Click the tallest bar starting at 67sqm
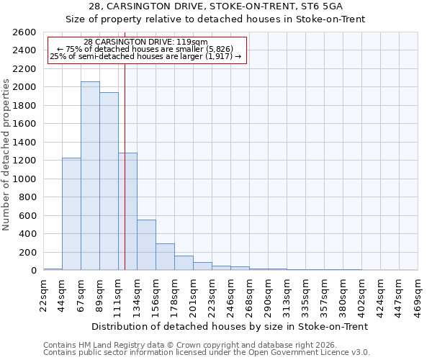pyautogui.click(x=90, y=176)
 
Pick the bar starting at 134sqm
pyautogui.click(x=146, y=245)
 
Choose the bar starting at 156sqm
pyautogui.click(x=165, y=257)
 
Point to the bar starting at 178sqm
pyautogui.click(x=184, y=263)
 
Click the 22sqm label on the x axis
pyautogui.click(x=44, y=294)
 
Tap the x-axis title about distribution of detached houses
pyautogui.click(x=230, y=326)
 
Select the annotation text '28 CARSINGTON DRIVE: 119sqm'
pyautogui.click(x=145, y=42)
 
